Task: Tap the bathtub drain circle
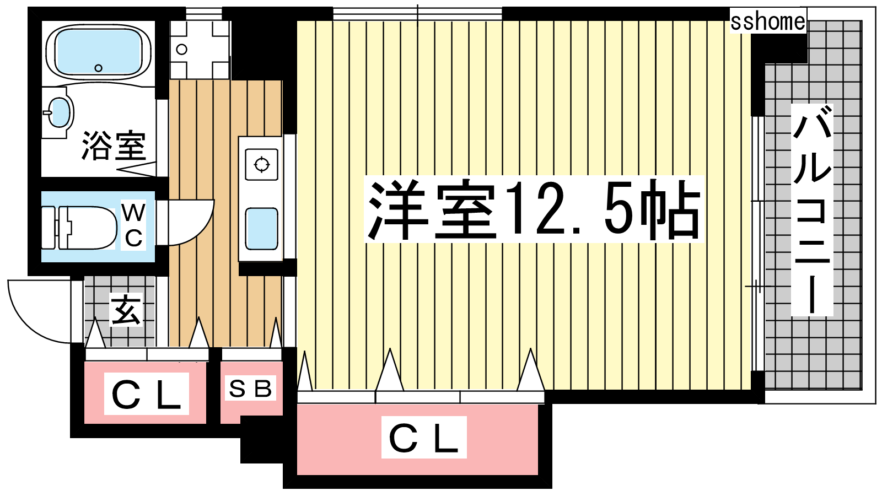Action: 99,68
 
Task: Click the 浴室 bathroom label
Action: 114,145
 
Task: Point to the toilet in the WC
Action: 79,228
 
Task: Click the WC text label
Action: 133,225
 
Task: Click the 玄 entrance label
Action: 126,311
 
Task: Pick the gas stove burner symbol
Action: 261,165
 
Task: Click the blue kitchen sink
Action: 261,229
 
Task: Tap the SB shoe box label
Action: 250,389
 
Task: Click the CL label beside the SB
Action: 146,394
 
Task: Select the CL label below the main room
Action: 424,438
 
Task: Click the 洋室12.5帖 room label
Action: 534,209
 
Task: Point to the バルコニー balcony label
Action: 812,210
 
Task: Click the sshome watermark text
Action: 768,21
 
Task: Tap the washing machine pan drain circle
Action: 181,50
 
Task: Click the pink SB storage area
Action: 251,392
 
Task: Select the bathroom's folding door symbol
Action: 138,169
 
